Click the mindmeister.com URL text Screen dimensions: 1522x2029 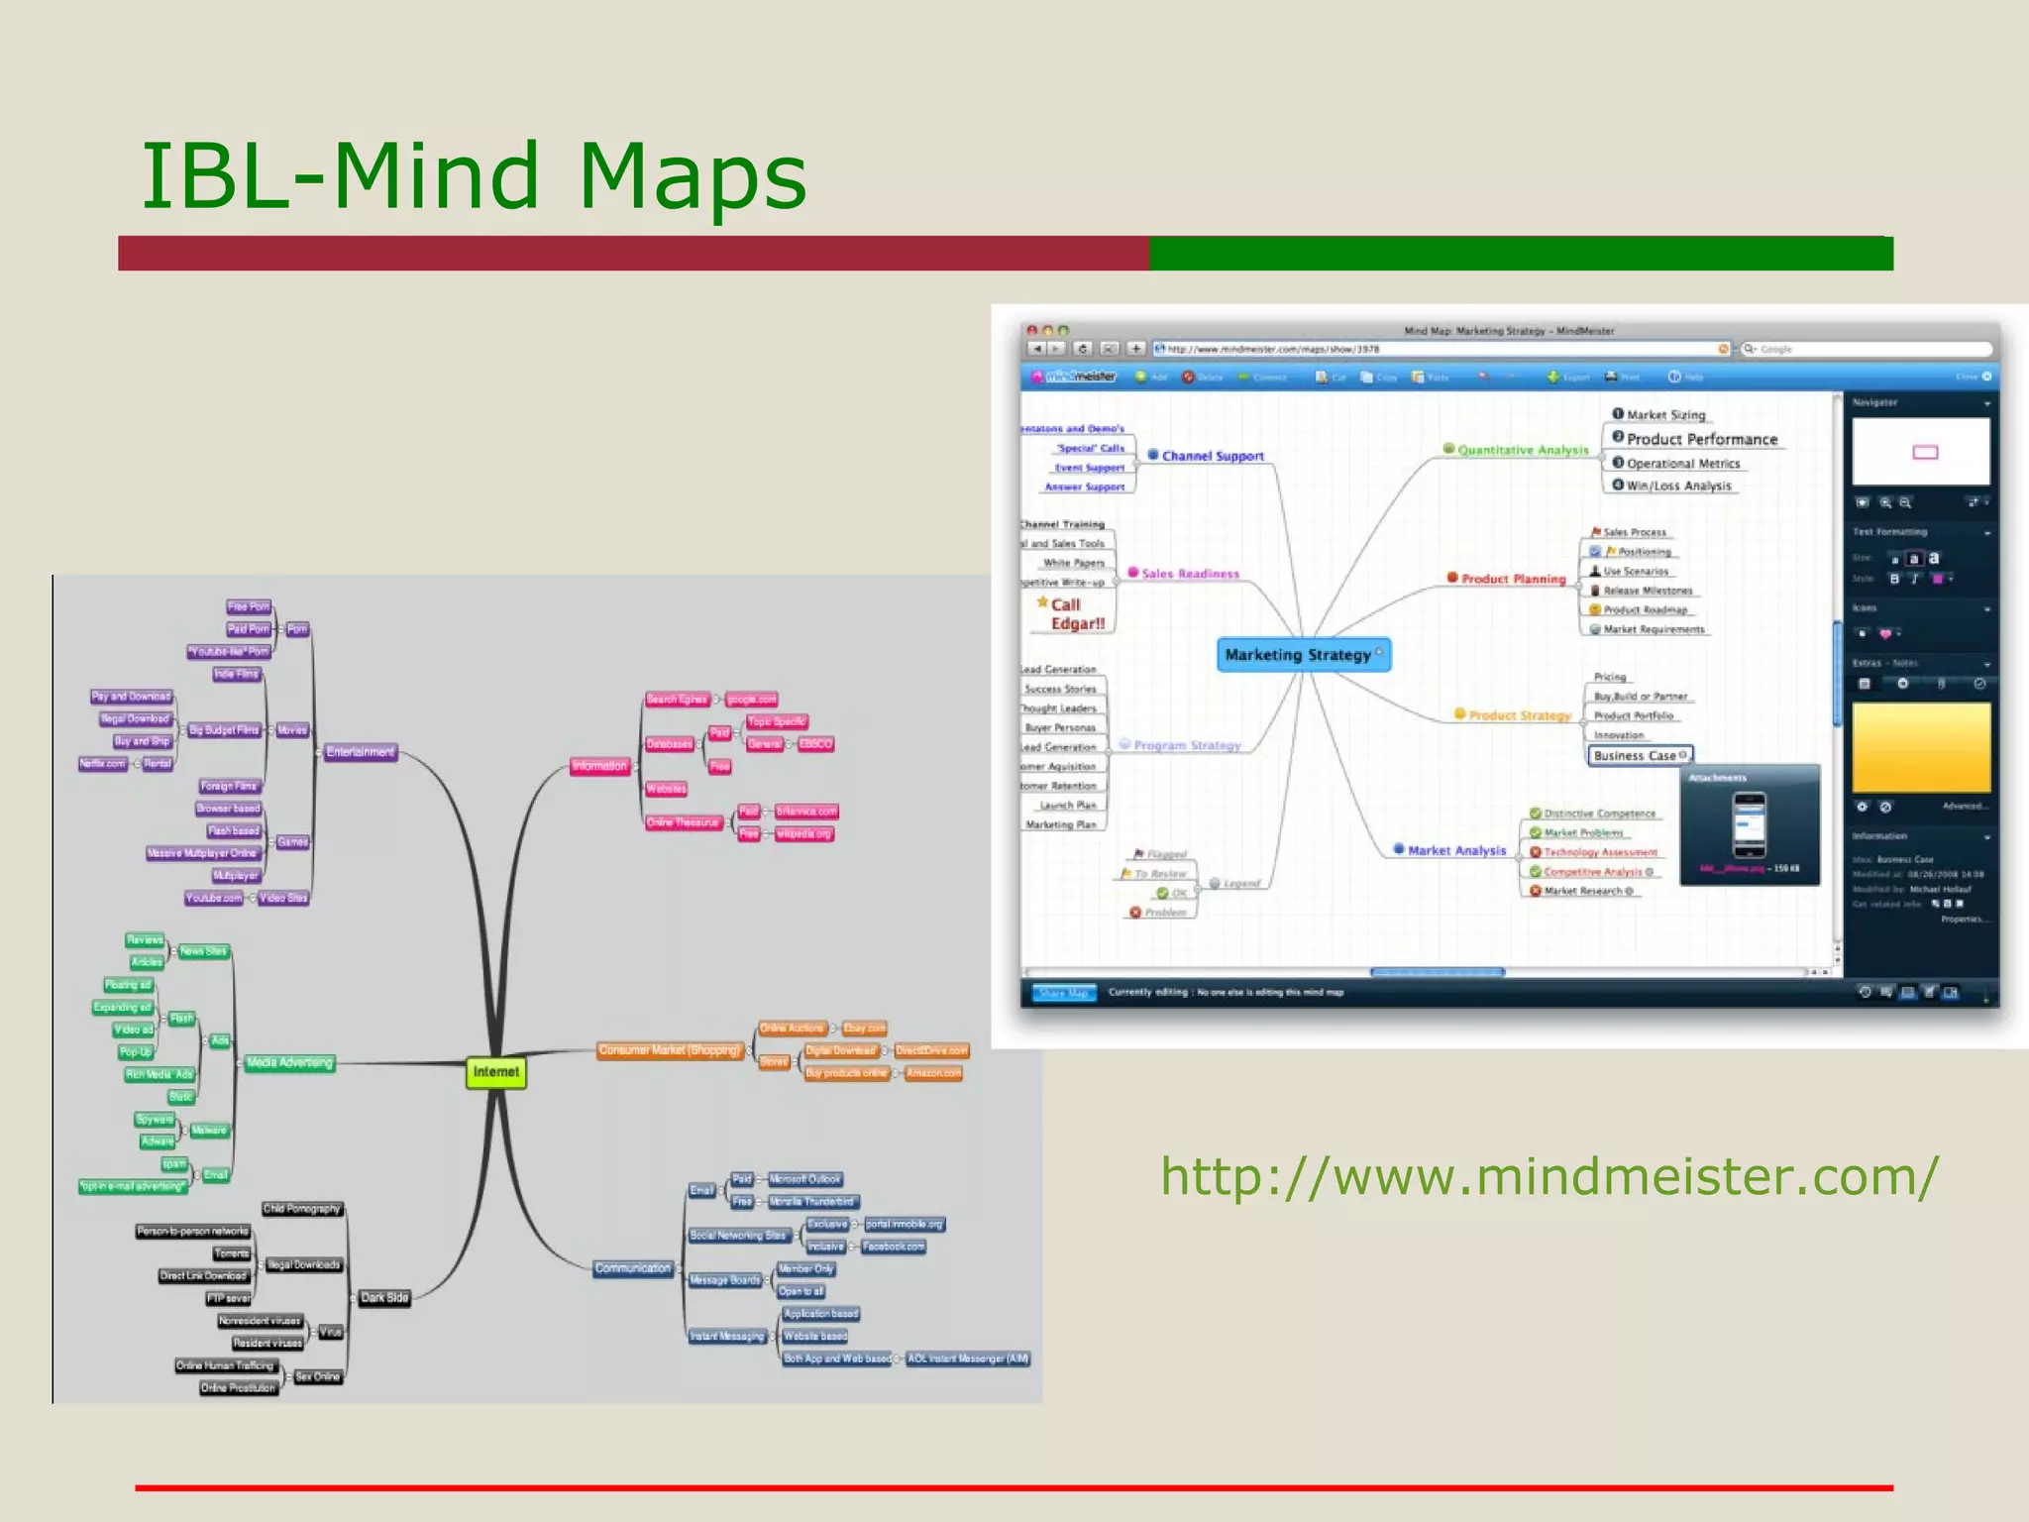coord(1548,1176)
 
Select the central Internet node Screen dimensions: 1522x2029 coord(495,1072)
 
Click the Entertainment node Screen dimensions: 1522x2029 coord(361,752)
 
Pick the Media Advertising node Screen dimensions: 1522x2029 coord(289,1063)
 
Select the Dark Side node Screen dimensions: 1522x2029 coord(384,1297)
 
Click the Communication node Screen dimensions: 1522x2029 coord(633,1268)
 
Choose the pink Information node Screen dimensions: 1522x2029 coord(599,766)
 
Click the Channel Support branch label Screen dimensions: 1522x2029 coord(1212,456)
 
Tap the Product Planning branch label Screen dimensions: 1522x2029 coord(1513,579)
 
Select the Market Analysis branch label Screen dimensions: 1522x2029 coord(1455,850)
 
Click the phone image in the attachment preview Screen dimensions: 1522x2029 coord(1749,824)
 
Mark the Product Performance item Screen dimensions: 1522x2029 coord(1701,439)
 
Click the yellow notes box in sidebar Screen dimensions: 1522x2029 coord(1920,747)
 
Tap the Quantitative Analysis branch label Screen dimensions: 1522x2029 coord(1522,450)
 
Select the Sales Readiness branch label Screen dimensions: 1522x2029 coord(1189,574)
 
